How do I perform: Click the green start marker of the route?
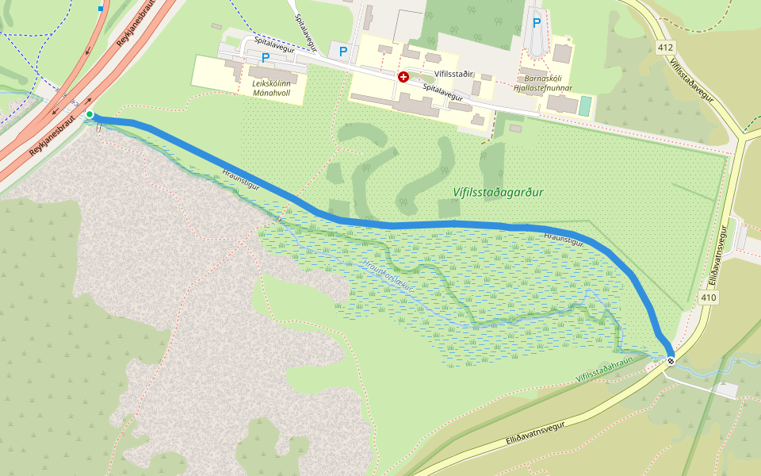click(90, 115)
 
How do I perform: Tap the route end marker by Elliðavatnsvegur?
click(671, 362)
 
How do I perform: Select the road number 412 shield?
click(666, 48)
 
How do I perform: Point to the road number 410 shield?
click(708, 297)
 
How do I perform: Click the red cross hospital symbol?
click(403, 77)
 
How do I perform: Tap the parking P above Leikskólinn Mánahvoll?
click(266, 57)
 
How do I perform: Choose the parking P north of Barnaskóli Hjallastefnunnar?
click(537, 23)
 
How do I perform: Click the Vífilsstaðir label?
click(453, 74)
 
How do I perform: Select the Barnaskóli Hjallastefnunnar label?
click(543, 83)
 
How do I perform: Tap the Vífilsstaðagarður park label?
click(499, 192)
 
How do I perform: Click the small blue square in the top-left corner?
click(101, 9)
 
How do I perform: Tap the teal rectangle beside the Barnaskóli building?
click(585, 106)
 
